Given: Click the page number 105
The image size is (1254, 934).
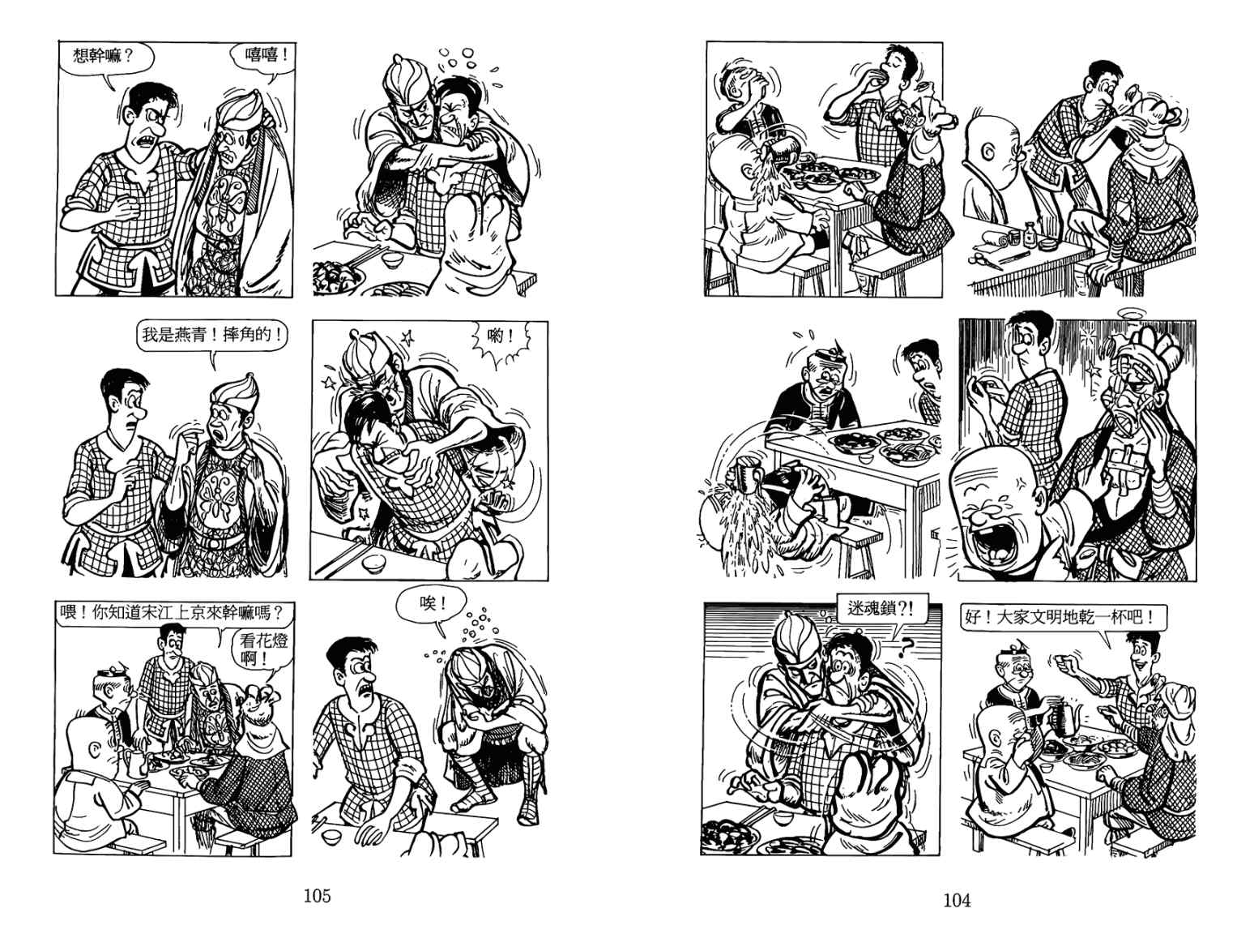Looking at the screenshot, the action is point(318,896).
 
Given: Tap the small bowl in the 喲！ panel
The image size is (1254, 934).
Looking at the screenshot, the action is point(374,563).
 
